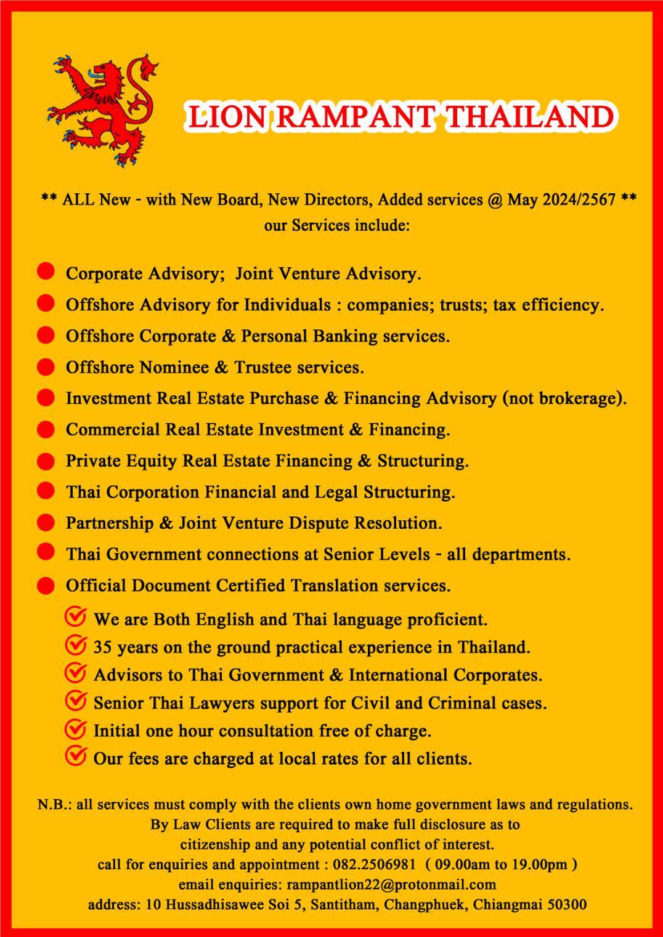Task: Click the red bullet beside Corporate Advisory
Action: (46, 272)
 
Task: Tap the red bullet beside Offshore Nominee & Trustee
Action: (46, 367)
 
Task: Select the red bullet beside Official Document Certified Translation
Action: (46, 585)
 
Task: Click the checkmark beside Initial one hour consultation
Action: (75, 730)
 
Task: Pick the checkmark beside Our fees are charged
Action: (75, 757)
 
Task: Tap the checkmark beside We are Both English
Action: (75, 617)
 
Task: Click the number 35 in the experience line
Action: (103, 648)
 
